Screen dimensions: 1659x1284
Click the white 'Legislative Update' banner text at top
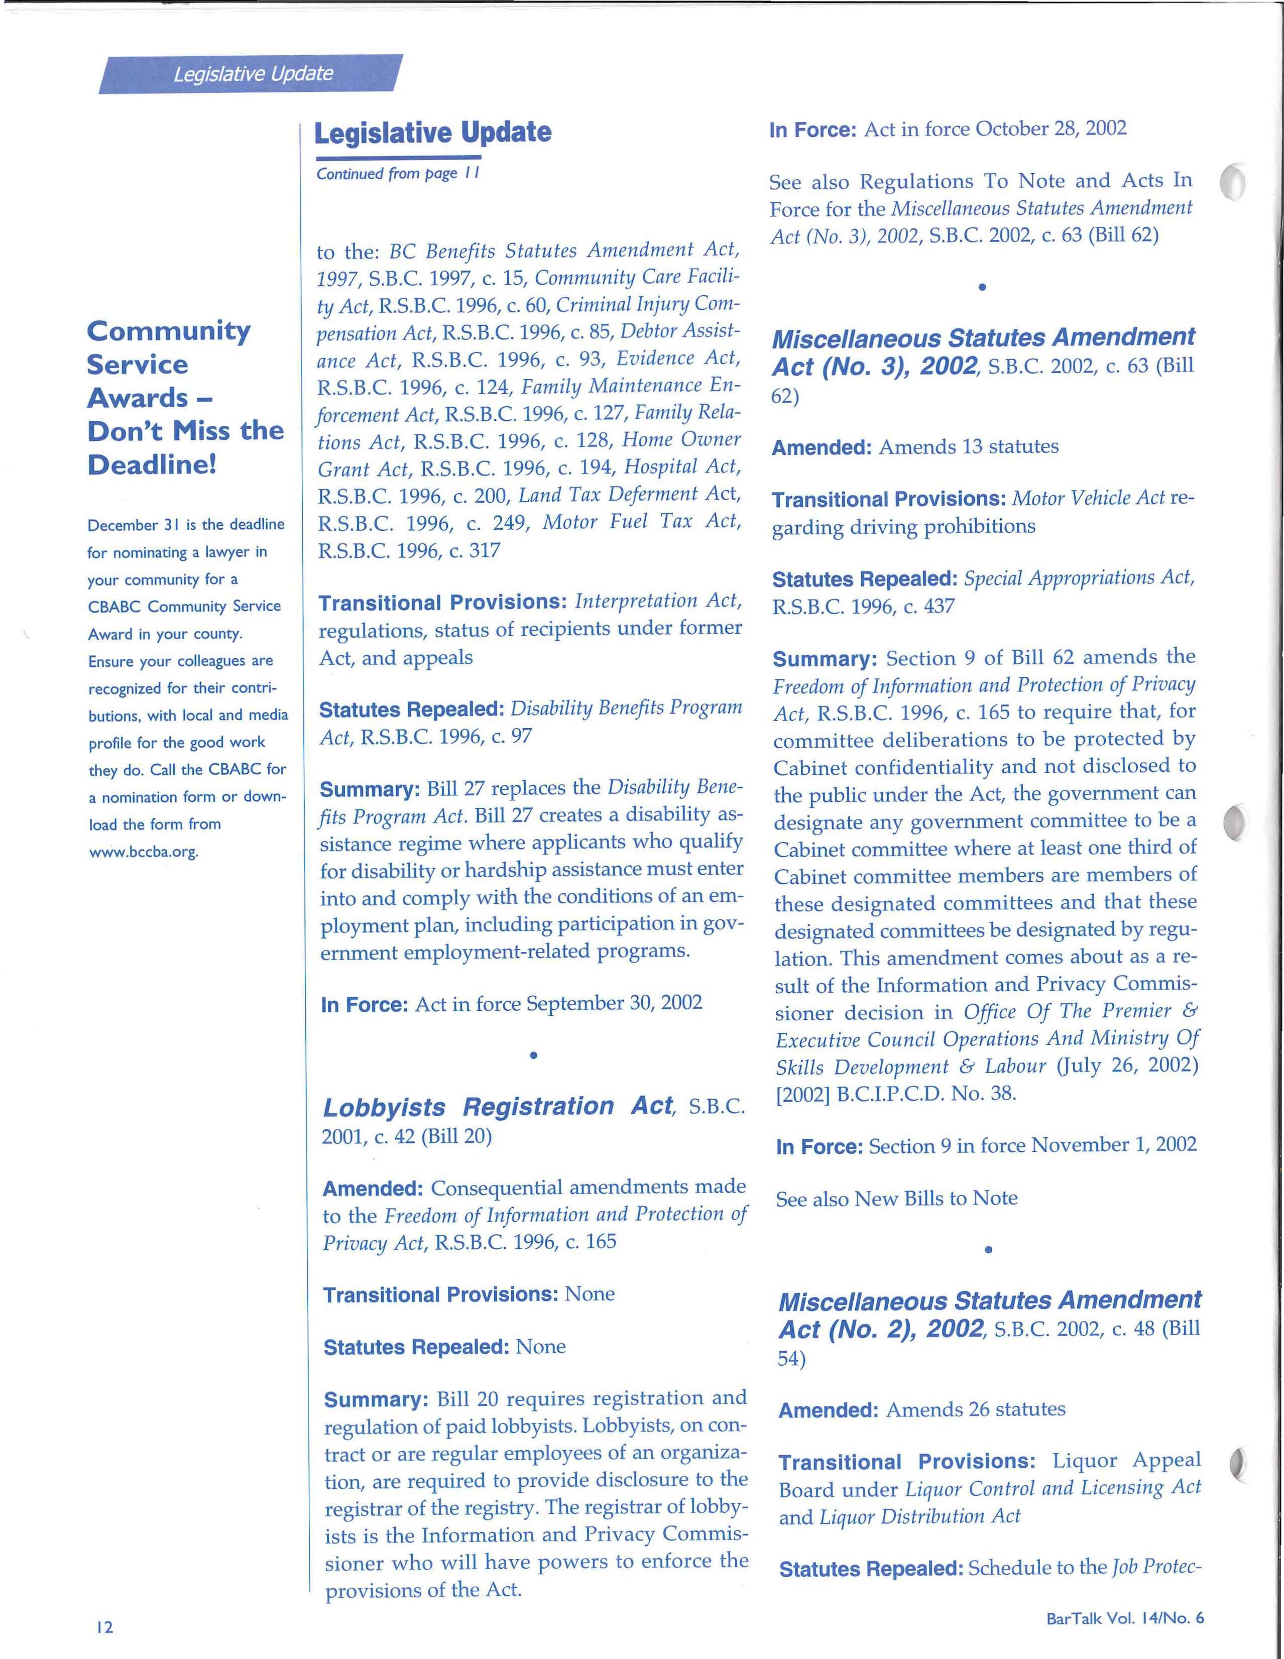tap(253, 74)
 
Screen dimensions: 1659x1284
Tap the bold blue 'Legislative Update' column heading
tap(432, 133)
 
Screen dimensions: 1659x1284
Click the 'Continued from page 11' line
tap(397, 174)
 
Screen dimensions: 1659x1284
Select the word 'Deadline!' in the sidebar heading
tap(153, 464)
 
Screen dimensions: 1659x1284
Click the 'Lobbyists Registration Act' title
tap(499, 1107)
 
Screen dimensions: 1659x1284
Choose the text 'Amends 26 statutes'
tap(976, 1409)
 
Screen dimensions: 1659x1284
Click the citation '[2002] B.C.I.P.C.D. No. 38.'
tap(896, 1094)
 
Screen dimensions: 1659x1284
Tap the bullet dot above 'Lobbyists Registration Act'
tap(534, 1055)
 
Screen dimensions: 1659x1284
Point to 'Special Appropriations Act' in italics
tap(1079, 578)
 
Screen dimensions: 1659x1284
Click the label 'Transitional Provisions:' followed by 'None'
tap(441, 1294)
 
